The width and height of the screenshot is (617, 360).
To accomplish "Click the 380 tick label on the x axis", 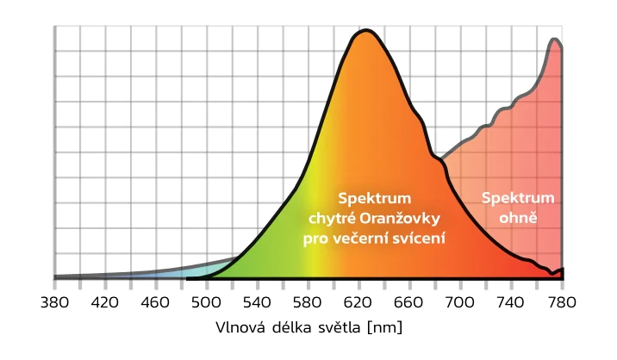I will click(54, 302).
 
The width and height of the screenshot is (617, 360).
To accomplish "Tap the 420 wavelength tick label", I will click(105, 302).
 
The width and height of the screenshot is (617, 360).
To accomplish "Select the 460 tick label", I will click(156, 302).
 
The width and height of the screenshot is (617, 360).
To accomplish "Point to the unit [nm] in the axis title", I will click(384, 328).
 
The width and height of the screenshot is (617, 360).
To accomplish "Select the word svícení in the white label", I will click(418, 236).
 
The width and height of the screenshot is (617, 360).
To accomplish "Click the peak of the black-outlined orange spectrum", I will click(366, 31).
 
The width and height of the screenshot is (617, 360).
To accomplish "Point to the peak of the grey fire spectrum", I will click(556, 39).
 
